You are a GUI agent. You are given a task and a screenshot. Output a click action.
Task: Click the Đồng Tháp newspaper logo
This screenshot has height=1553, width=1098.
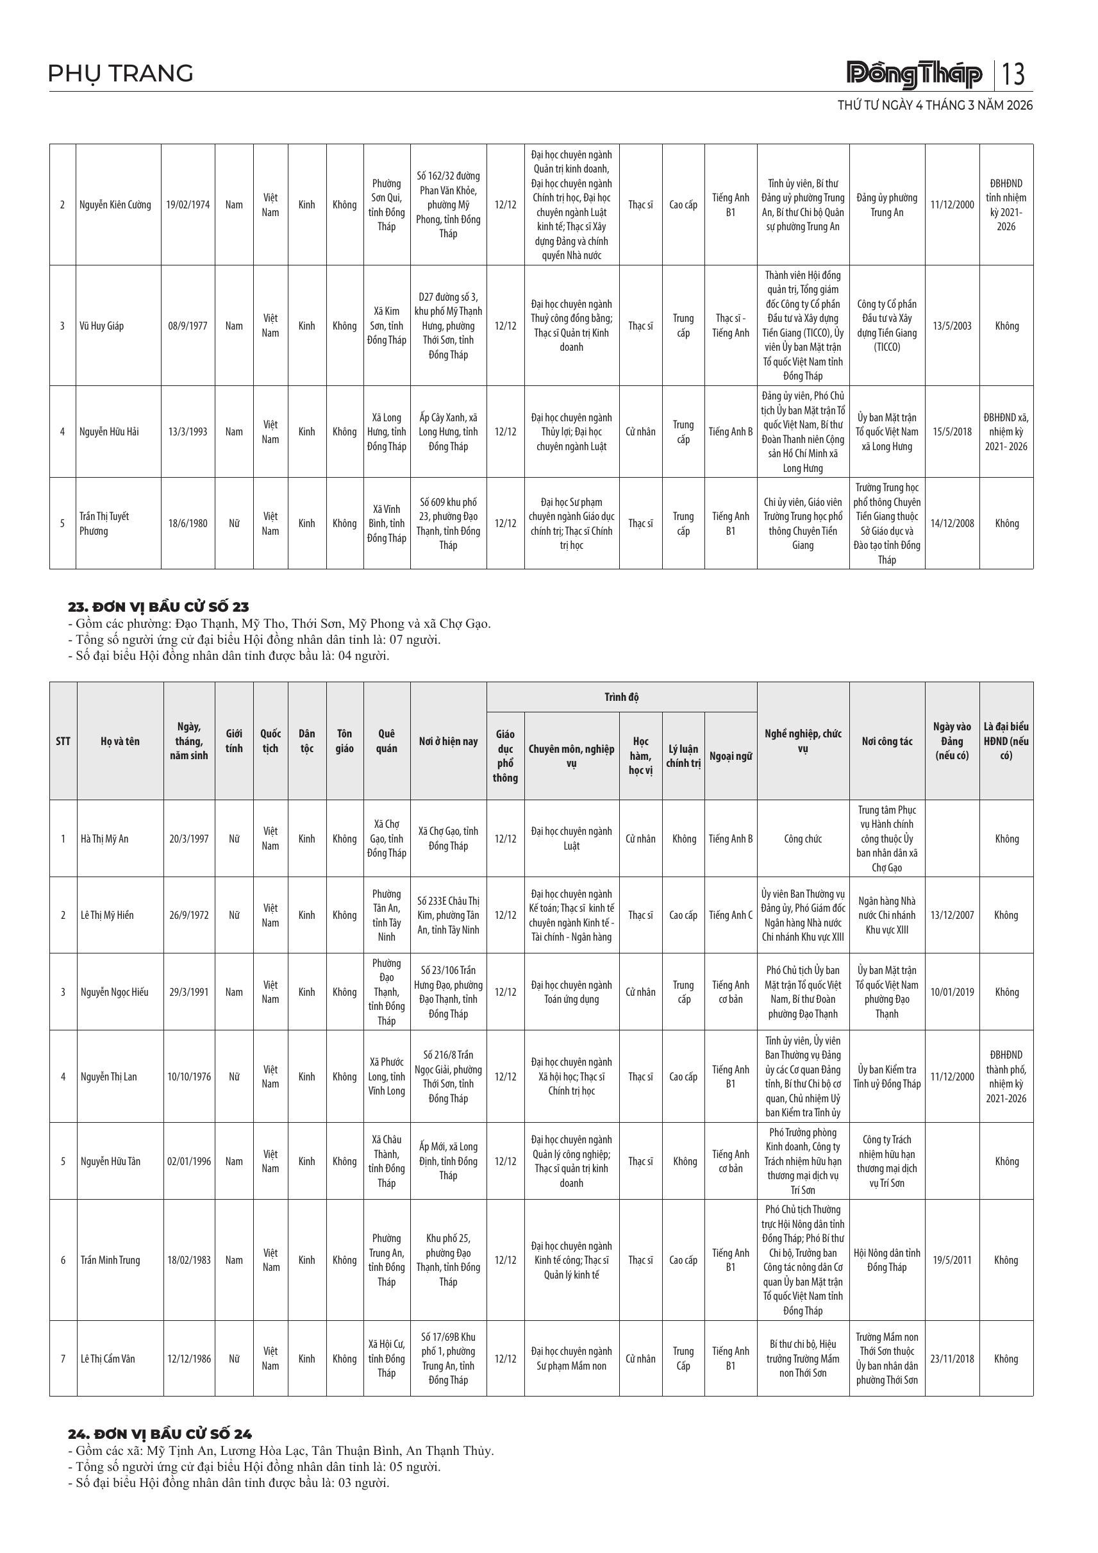click(914, 74)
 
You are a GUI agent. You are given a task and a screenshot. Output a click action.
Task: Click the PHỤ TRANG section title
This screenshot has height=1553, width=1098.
click(121, 73)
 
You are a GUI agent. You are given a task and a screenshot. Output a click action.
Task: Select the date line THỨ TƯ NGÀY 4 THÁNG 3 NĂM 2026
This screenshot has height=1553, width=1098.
click(935, 106)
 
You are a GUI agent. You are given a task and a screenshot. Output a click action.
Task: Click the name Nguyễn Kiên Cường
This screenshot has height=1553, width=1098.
click(115, 205)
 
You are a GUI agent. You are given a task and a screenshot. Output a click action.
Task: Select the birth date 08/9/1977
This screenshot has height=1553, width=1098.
click(188, 326)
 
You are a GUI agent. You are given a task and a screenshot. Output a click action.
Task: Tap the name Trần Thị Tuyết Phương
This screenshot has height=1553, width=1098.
click(104, 523)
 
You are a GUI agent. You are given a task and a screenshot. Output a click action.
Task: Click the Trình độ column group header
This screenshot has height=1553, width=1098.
click(621, 698)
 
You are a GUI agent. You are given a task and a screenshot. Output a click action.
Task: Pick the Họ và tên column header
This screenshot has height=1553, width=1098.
click(120, 741)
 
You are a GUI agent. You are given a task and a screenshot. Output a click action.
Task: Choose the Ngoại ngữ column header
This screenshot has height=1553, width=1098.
click(730, 756)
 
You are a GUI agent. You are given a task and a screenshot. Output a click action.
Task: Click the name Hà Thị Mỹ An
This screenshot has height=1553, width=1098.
click(104, 839)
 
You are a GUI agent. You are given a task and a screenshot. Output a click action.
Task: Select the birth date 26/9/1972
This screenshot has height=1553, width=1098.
click(188, 915)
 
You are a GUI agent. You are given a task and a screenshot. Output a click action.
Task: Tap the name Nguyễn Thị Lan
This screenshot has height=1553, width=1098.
click(109, 1077)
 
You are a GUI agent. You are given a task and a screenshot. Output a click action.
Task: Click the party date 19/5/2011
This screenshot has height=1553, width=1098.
click(952, 1260)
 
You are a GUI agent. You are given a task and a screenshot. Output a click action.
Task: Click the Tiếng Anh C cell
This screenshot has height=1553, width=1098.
click(730, 915)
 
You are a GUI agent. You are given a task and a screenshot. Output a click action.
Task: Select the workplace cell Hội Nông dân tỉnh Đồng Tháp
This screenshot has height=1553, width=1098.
click(886, 1260)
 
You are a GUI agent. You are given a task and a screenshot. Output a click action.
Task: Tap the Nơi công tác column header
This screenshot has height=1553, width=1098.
click(886, 741)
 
